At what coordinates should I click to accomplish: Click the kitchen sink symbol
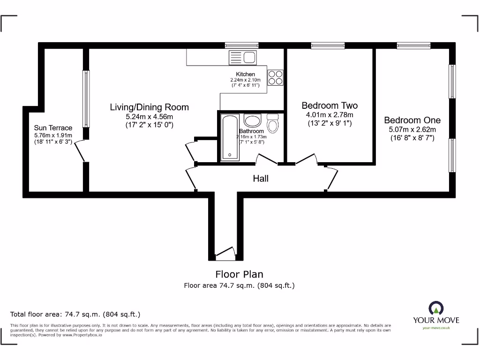tap(242, 58)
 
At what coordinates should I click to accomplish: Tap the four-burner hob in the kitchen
tap(275, 77)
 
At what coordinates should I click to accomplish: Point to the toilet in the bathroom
tap(272, 123)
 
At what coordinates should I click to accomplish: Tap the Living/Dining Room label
tap(149, 107)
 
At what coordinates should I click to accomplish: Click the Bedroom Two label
tap(330, 106)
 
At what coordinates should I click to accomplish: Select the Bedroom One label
tap(412, 120)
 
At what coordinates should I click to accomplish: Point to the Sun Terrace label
tap(53, 128)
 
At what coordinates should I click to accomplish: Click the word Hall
tap(261, 179)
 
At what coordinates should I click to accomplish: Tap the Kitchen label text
tap(245, 74)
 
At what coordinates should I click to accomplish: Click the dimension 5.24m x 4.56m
tap(149, 117)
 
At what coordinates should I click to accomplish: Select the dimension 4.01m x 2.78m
tap(330, 115)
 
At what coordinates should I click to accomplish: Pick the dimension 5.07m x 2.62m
tap(412, 129)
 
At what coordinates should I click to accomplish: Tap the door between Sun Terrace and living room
tap(80, 150)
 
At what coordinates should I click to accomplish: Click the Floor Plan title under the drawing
tap(239, 274)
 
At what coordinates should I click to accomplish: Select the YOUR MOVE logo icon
tap(435, 308)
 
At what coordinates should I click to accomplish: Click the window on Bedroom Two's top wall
tap(328, 45)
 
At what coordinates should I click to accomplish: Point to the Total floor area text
tap(75, 314)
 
